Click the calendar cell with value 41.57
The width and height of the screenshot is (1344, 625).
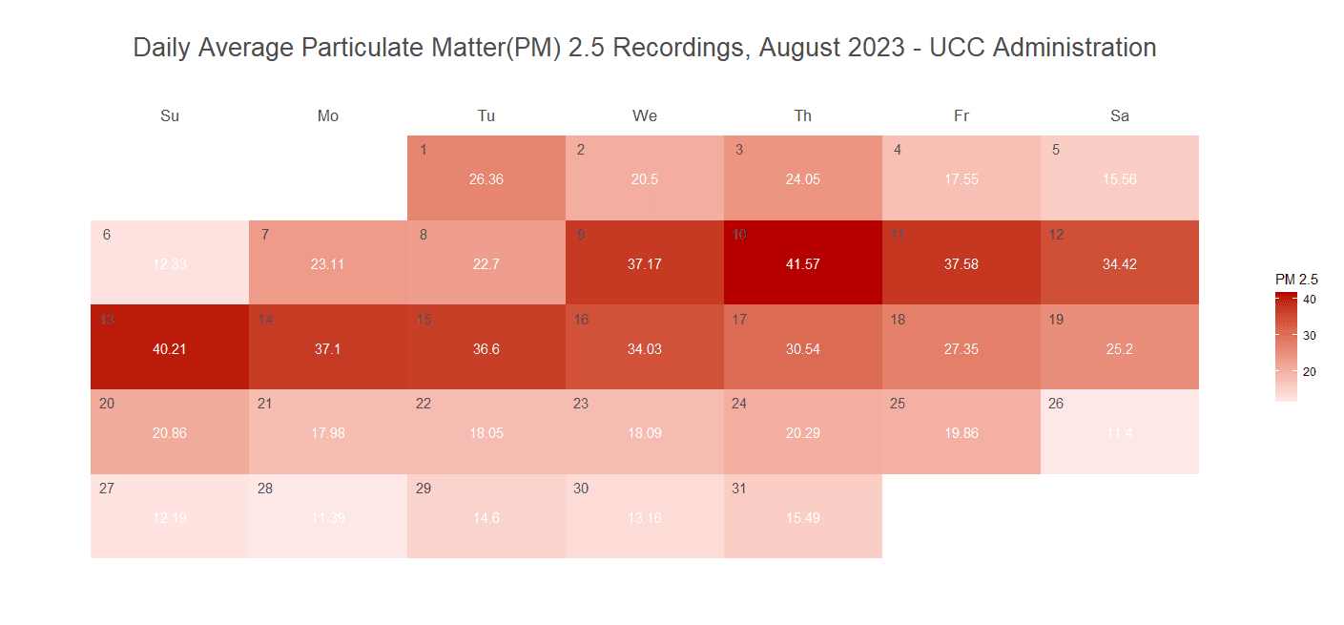tap(802, 262)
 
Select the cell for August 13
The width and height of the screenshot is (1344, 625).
tap(170, 346)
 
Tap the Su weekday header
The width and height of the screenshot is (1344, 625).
tap(170, 116)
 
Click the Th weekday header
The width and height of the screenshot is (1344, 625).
tap(803, 116)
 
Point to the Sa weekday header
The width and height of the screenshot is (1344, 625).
tap(1120, 116)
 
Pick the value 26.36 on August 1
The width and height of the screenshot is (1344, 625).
tap(486, 179)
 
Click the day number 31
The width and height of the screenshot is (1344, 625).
tap(739, 489)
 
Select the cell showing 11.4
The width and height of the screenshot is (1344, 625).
tap(1120, 431)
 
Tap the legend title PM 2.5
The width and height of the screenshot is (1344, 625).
tap(1296, 280)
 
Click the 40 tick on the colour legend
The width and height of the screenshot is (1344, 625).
tap(1311, 300)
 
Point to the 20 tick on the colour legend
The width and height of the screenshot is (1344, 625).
tap(1311, 371)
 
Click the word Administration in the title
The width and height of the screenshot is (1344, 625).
tap(1074, 48)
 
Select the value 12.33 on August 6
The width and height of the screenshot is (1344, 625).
tap(170, 264)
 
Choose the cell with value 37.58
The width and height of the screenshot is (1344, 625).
tap(961, 262)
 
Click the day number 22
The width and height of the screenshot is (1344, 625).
tap(424, 404)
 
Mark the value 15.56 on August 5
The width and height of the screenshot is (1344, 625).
tap(1120, 179)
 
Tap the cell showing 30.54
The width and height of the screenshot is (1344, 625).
tap(802, 346)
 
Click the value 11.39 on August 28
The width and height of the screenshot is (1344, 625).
tap(328, 518)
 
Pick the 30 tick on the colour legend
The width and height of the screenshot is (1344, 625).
tap(1311, 335)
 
